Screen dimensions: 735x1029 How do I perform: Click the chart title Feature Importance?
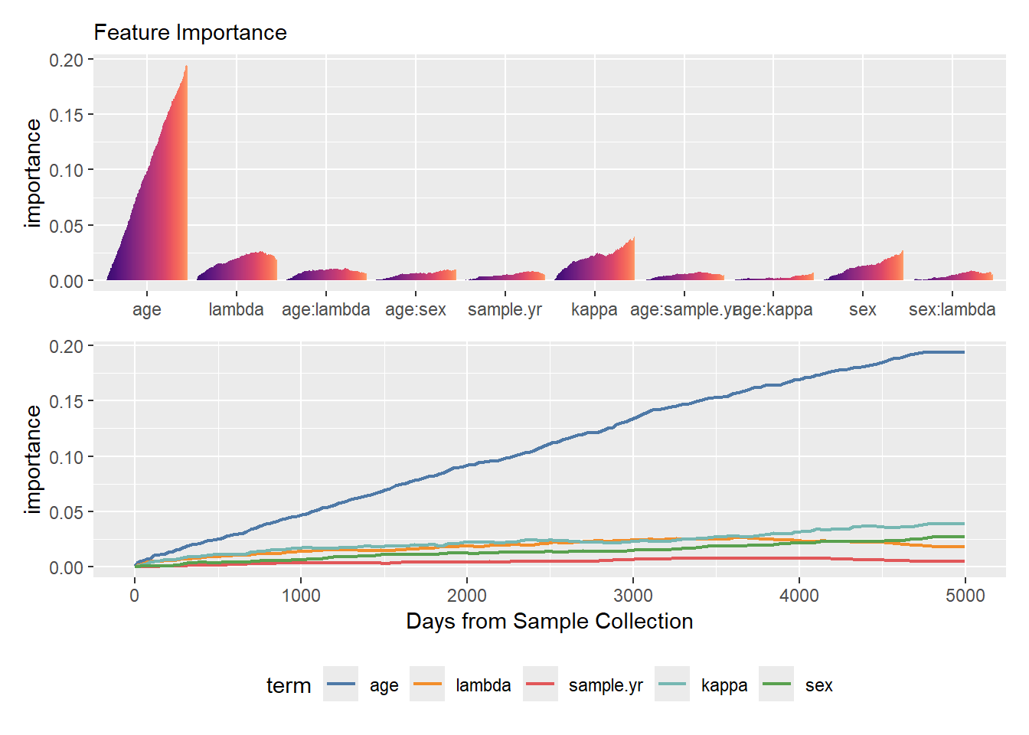coord(190,33)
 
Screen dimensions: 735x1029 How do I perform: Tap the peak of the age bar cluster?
coord(186,67)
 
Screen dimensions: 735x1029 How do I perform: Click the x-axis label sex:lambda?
coord(952,310)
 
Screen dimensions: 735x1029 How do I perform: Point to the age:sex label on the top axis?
coord(415,310)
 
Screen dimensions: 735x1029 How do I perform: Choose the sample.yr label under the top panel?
coord(505,310)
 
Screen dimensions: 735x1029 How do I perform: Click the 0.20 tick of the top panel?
coord(66,60)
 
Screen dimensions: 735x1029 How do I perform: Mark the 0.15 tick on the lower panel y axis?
coord(66,401)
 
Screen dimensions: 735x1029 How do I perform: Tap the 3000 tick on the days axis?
coord(633,596)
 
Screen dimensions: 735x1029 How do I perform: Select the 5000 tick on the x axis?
coord(965,596)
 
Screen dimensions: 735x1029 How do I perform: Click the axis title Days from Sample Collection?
coord(549,622)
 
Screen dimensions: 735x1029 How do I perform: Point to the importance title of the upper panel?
coord(32,172)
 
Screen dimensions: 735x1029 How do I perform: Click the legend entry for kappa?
coord(724,685)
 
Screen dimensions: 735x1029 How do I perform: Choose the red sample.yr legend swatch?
coord(541,684)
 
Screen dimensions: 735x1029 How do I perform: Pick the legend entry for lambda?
coord(482,685)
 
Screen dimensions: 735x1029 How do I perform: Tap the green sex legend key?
coord(776,684)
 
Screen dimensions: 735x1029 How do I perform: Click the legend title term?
coord(288,685)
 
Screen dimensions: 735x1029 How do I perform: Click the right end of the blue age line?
coord(963,352)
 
